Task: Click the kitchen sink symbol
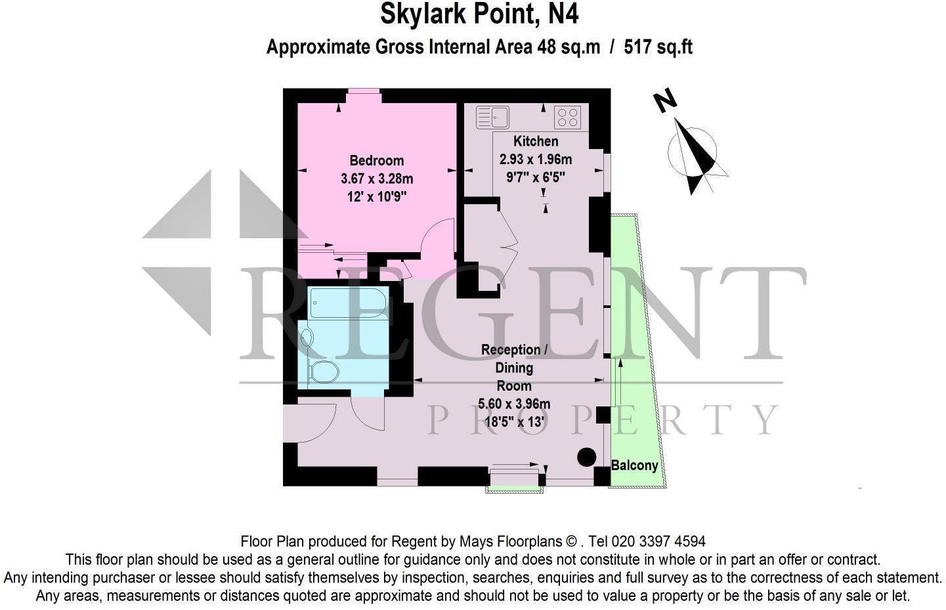click(x=493, y=117)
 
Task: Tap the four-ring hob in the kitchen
click(x=567, y=118)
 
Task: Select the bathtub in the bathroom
click(x=348, y=302)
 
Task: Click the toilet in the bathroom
click(x=323, y=372)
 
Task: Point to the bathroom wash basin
click(x=307, y=338)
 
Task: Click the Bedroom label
click(x=376, y=160)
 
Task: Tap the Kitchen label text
click(x=536, y=141)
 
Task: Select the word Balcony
click(x=634, y=466)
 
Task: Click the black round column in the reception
click(x=586, y=457)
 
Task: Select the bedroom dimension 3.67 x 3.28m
click(x=377, y=178)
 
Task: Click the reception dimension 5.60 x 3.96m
click(x=514, y=404)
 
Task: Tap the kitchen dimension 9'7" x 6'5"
click(x=536, y=177)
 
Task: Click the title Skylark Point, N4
click(x=479, y=14)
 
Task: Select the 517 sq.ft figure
click(x=658, y=47)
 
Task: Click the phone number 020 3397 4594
click(x=658, y=542)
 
